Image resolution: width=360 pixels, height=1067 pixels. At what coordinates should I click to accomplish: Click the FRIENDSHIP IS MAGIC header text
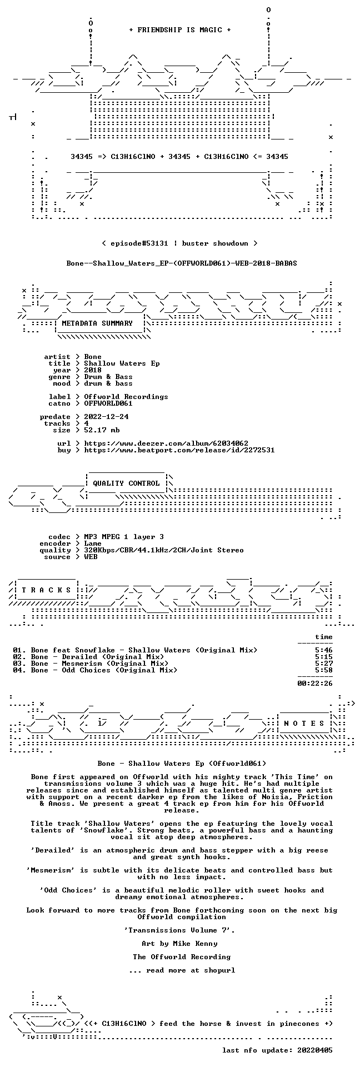(x=179, y=30)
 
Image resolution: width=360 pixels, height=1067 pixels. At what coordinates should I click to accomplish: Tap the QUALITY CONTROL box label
(x=126, y=483)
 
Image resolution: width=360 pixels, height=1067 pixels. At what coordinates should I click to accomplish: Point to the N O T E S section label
(x=304, y=724)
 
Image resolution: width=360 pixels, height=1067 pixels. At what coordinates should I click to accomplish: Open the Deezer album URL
(x=166, y=443)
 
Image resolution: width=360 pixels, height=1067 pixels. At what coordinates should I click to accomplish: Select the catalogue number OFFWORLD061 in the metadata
(x=108, y=403)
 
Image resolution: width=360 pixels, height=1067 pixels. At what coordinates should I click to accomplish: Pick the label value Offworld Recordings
(x=126, y=397)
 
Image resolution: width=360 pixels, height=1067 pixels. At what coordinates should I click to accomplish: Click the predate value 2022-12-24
(x=106, y=417)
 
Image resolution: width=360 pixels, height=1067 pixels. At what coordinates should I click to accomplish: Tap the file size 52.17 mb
(x=102, y=430)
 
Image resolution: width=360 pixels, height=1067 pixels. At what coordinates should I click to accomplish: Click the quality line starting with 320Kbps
(x=164, y=550)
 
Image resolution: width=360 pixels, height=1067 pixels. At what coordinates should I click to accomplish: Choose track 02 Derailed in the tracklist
(x=88, y=657)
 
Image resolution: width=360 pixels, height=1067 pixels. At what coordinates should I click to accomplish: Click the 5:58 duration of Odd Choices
(x=324, y=670)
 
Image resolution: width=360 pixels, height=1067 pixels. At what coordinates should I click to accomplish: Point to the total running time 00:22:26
(x=315, y=684)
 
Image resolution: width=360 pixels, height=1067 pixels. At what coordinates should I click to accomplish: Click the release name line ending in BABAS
(x=182, y=263)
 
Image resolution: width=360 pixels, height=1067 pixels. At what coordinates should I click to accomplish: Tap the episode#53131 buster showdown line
(x=179, y=243)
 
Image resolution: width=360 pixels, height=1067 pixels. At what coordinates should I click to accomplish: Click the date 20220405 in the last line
(x=315, y=1050)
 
